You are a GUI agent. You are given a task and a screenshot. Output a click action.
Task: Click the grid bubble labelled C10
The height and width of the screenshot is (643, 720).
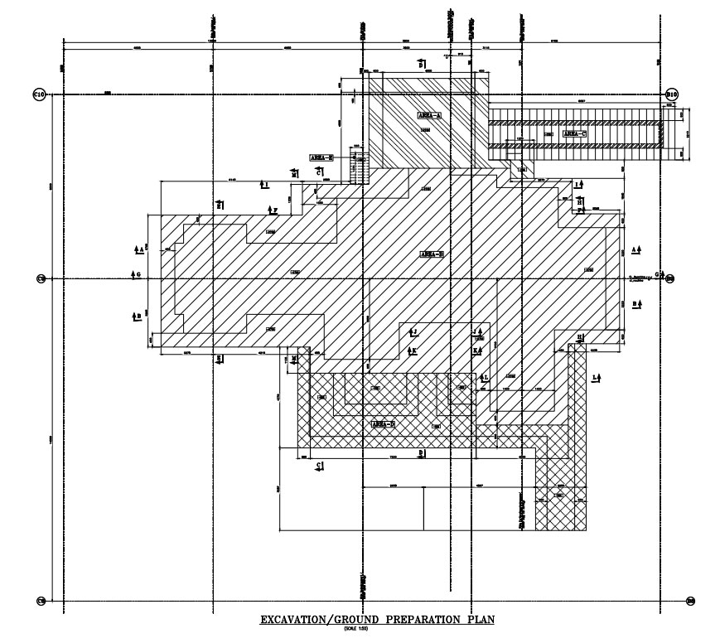coord(38,95)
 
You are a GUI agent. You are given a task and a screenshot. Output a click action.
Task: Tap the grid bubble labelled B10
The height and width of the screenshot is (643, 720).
coord(672,95)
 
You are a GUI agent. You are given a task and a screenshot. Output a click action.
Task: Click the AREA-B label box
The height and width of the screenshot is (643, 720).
coord(433,254)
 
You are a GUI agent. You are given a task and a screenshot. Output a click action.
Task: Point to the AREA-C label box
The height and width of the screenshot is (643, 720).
coord(573,133)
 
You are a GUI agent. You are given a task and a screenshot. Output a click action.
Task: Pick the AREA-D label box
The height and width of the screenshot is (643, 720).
coord(382,423)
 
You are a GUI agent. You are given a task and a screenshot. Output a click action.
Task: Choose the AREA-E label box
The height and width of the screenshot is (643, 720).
coord(321,157)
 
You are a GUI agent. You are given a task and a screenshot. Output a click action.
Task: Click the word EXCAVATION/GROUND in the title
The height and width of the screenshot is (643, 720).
coord(326,620)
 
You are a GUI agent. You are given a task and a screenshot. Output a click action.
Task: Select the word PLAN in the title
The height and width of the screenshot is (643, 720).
coord(481,620)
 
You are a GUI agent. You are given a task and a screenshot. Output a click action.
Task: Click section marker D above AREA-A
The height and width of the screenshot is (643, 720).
coord(421,63)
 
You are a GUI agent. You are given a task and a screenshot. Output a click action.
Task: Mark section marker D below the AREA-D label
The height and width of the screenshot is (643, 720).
coord(421,453)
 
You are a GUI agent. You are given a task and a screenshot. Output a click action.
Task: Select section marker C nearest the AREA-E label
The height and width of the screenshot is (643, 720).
coord(318,171)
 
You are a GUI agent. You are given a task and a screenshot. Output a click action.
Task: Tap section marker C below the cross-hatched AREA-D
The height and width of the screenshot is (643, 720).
coord(319,466)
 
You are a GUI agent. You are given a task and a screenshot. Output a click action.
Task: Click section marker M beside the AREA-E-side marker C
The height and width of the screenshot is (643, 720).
coord(294,173)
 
